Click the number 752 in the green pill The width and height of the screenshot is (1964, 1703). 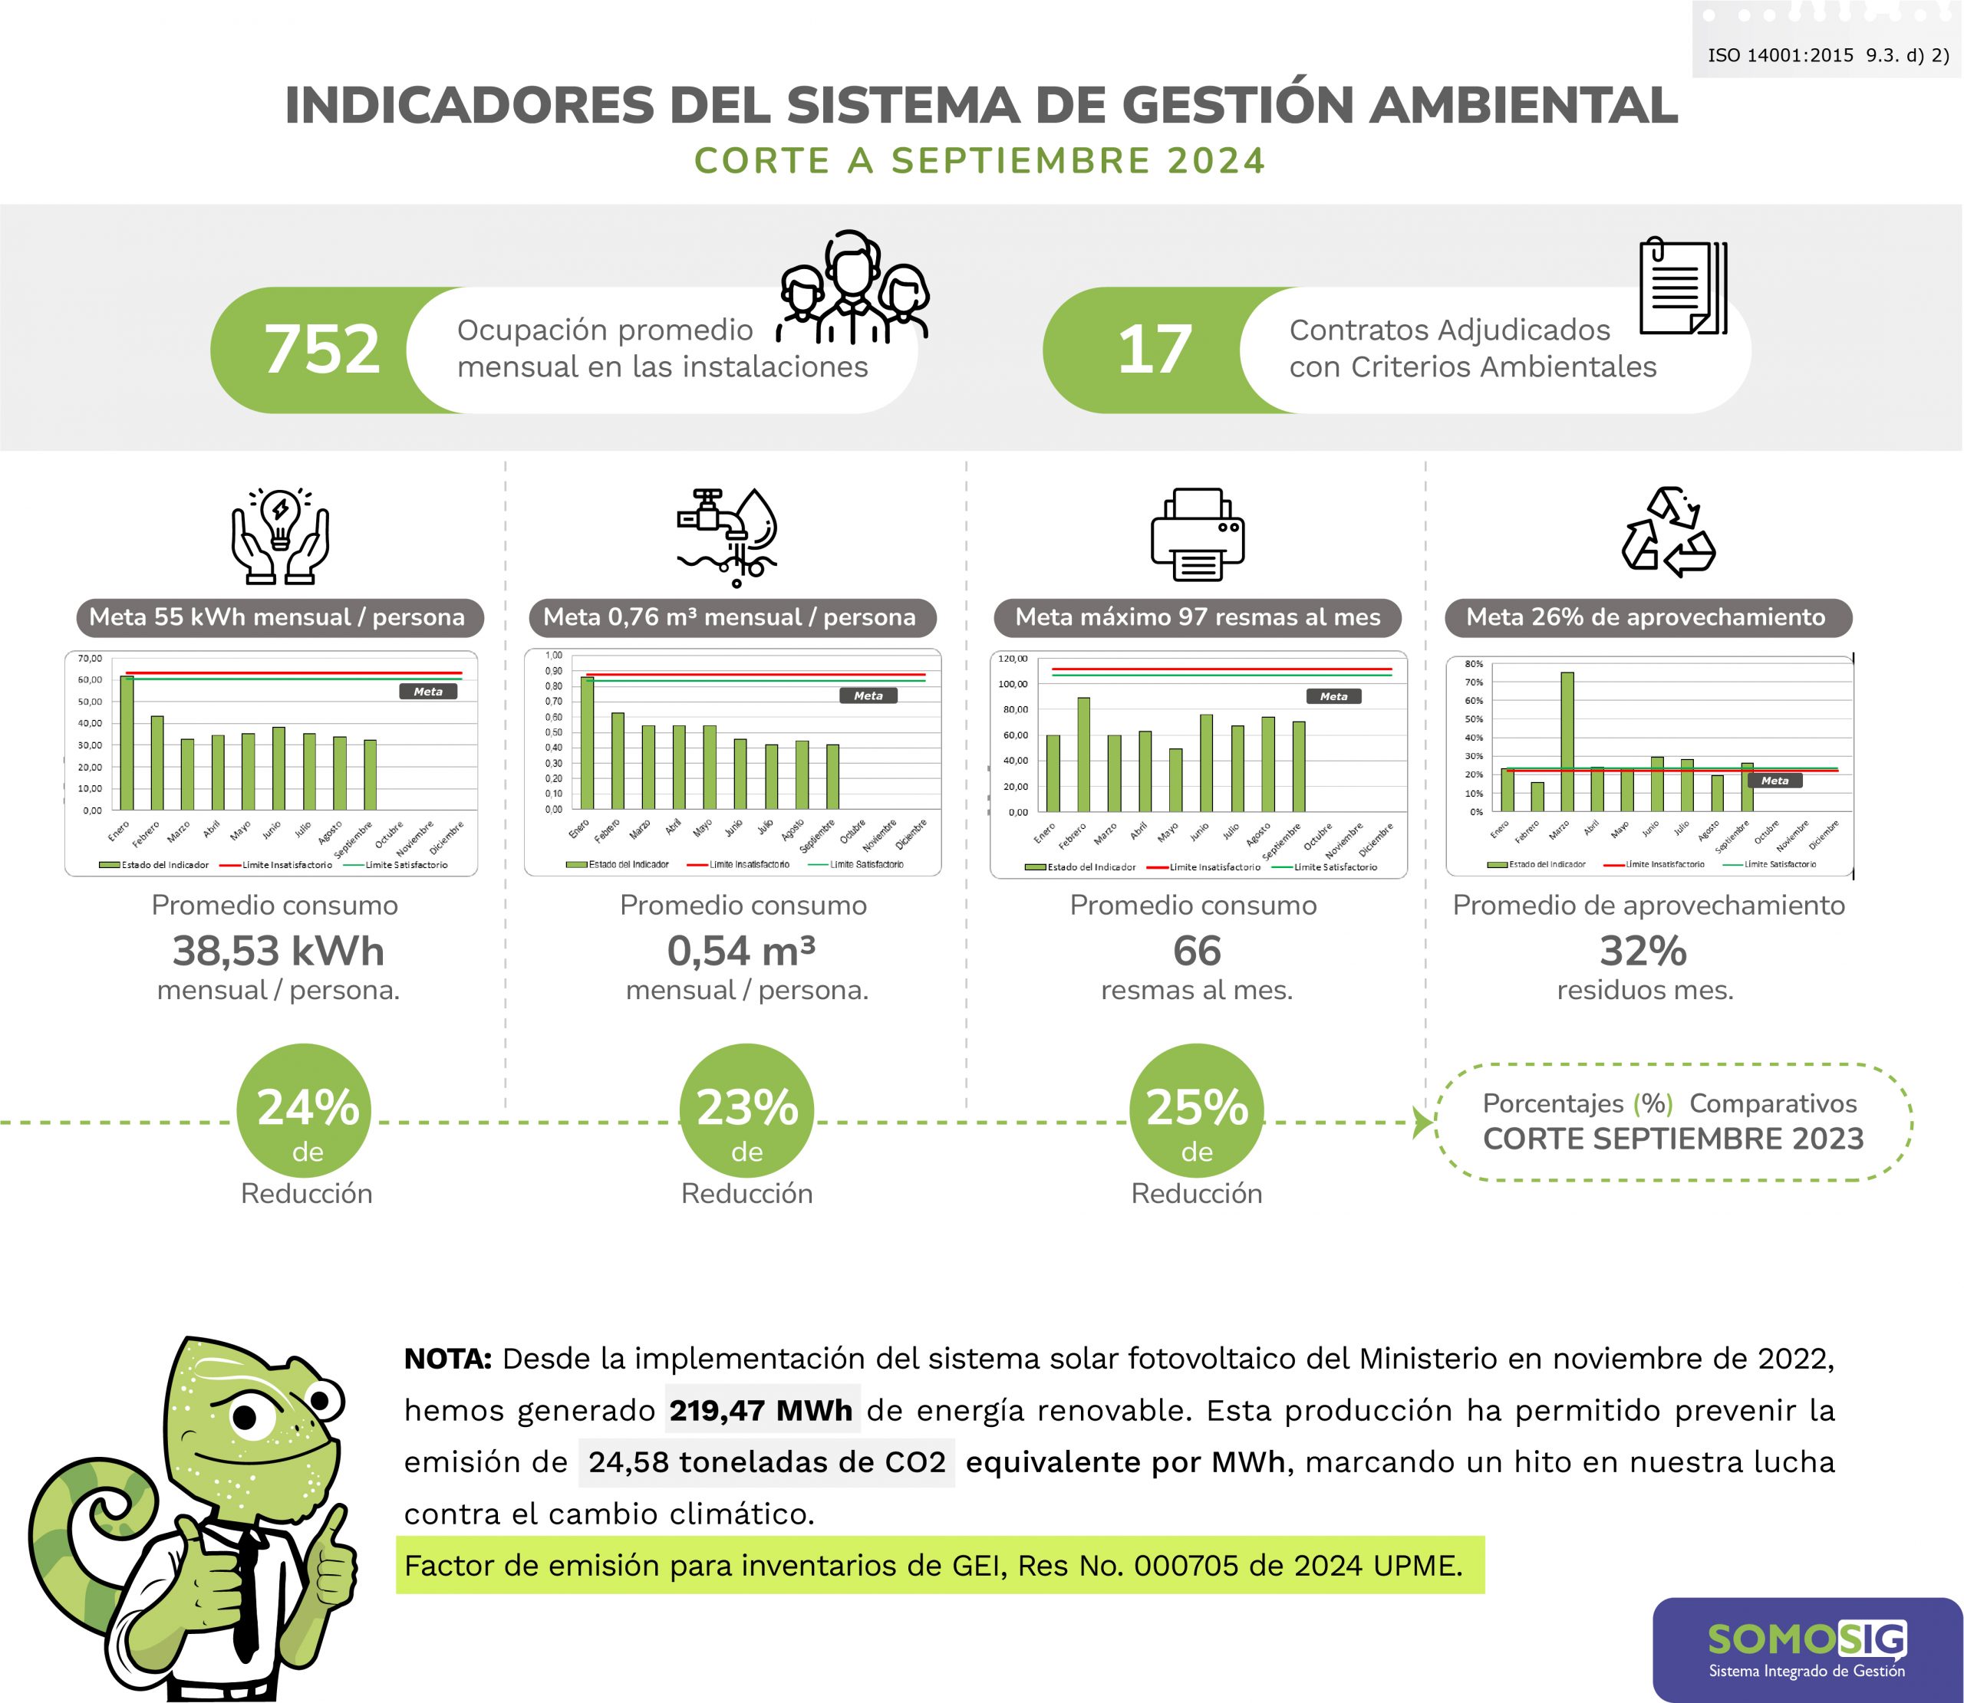[322, 349]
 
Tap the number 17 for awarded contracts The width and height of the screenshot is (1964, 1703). [1154, 349]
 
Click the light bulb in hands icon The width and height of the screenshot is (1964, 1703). [281, 535]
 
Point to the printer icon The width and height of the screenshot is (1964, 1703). [1197, 534]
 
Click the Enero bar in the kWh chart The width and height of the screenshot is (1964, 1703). [127, 742]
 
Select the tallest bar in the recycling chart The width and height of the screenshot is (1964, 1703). [1567, 741]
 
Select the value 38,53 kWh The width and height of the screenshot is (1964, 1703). [278, 950]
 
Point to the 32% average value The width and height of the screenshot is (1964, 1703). [1643, 950]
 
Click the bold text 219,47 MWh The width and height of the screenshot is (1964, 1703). [760, 1409]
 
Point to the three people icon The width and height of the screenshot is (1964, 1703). [852, 287]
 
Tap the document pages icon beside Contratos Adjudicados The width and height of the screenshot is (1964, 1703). [1682, 287]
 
